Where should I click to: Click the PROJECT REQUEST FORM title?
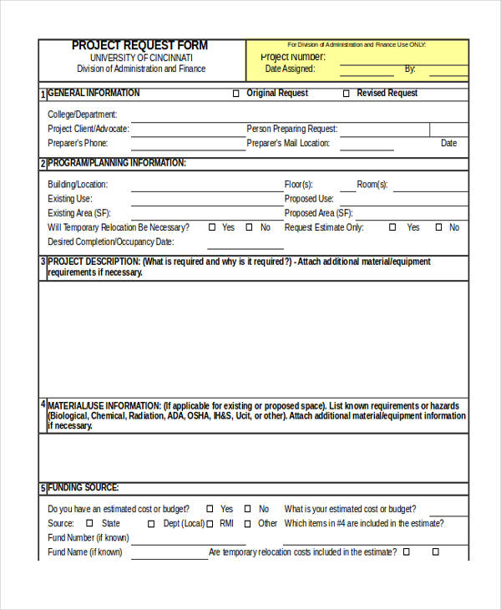[139, 46]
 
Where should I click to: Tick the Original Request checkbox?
[235, 94]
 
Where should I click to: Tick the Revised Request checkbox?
[347, 94]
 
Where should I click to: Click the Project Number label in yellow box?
[293, 57]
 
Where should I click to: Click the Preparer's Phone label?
[78, 144]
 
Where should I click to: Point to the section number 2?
[43, 165]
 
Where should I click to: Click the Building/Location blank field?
[205, 186]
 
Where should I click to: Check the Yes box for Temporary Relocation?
[212, 227]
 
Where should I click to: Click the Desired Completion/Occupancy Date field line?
[245, 243]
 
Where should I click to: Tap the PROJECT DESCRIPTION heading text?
[94, 262]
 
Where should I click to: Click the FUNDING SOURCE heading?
[83, 488]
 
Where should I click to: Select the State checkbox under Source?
[89, 524]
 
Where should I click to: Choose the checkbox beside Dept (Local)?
[151, 524]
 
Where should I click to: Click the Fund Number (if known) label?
[89, 538]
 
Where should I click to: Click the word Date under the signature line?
[448, 144]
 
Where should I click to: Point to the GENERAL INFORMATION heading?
[94, 94]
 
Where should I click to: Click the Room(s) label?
[372, 185]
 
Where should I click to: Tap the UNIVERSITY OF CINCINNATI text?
[141, 58]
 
